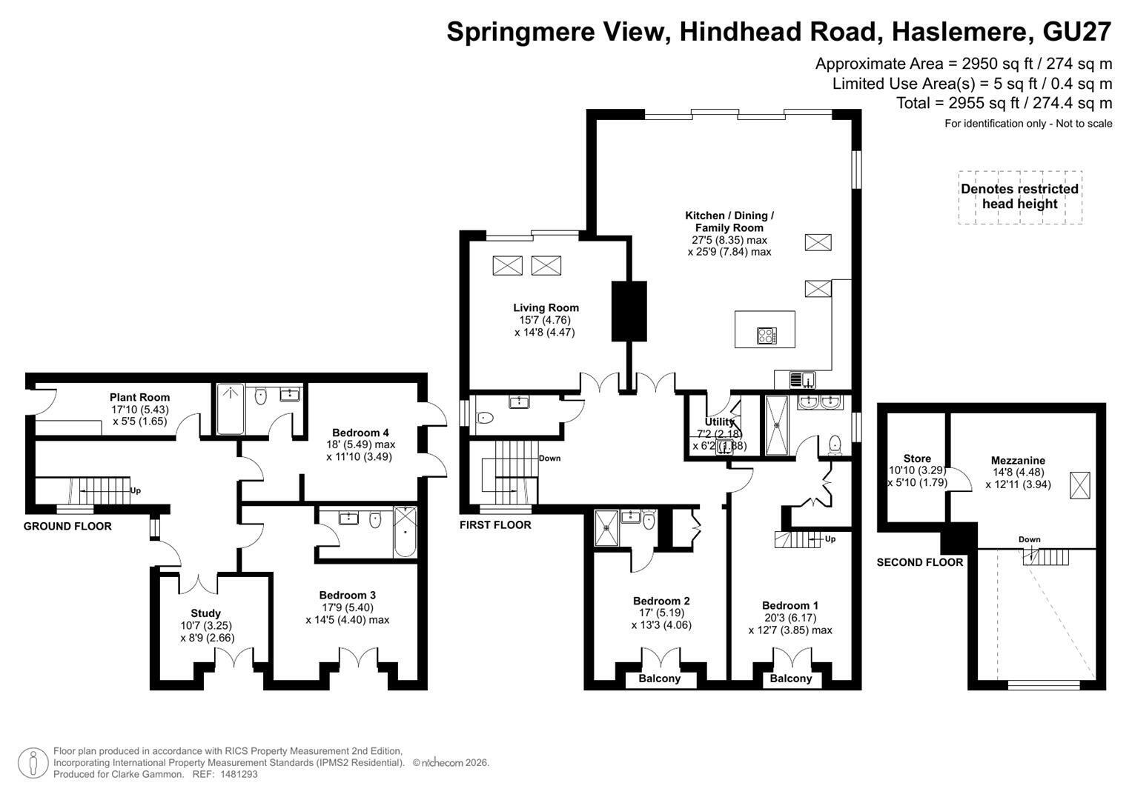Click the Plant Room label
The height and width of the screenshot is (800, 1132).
pos(139,398)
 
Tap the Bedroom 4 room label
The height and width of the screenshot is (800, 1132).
pos(360,433)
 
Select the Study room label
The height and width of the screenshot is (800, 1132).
pos(205,613)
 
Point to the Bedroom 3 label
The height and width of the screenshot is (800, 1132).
pos(347,596)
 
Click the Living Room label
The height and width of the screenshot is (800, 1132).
pos(546,307)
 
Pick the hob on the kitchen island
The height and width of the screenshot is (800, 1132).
pos(767,336)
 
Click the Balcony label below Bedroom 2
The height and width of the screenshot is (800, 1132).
pos(660,679)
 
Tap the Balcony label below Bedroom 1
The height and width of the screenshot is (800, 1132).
pos(791,679)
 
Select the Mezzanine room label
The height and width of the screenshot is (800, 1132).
pos(1018,461)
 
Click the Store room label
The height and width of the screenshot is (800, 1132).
pos(917,459)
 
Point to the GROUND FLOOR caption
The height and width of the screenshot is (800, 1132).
pos(67,526)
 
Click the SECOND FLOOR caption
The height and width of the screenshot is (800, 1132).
pos(920,563)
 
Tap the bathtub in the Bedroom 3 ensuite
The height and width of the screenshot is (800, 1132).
pos(406,533)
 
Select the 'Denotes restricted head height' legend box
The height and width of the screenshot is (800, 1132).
pos(1020,197)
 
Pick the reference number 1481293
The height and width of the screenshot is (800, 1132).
pos(238,774)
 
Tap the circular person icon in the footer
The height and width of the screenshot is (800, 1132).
pos(33,763)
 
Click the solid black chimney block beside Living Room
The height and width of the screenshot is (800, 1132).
pos(629,311)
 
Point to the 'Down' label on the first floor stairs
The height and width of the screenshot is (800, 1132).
pos(550,458)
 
